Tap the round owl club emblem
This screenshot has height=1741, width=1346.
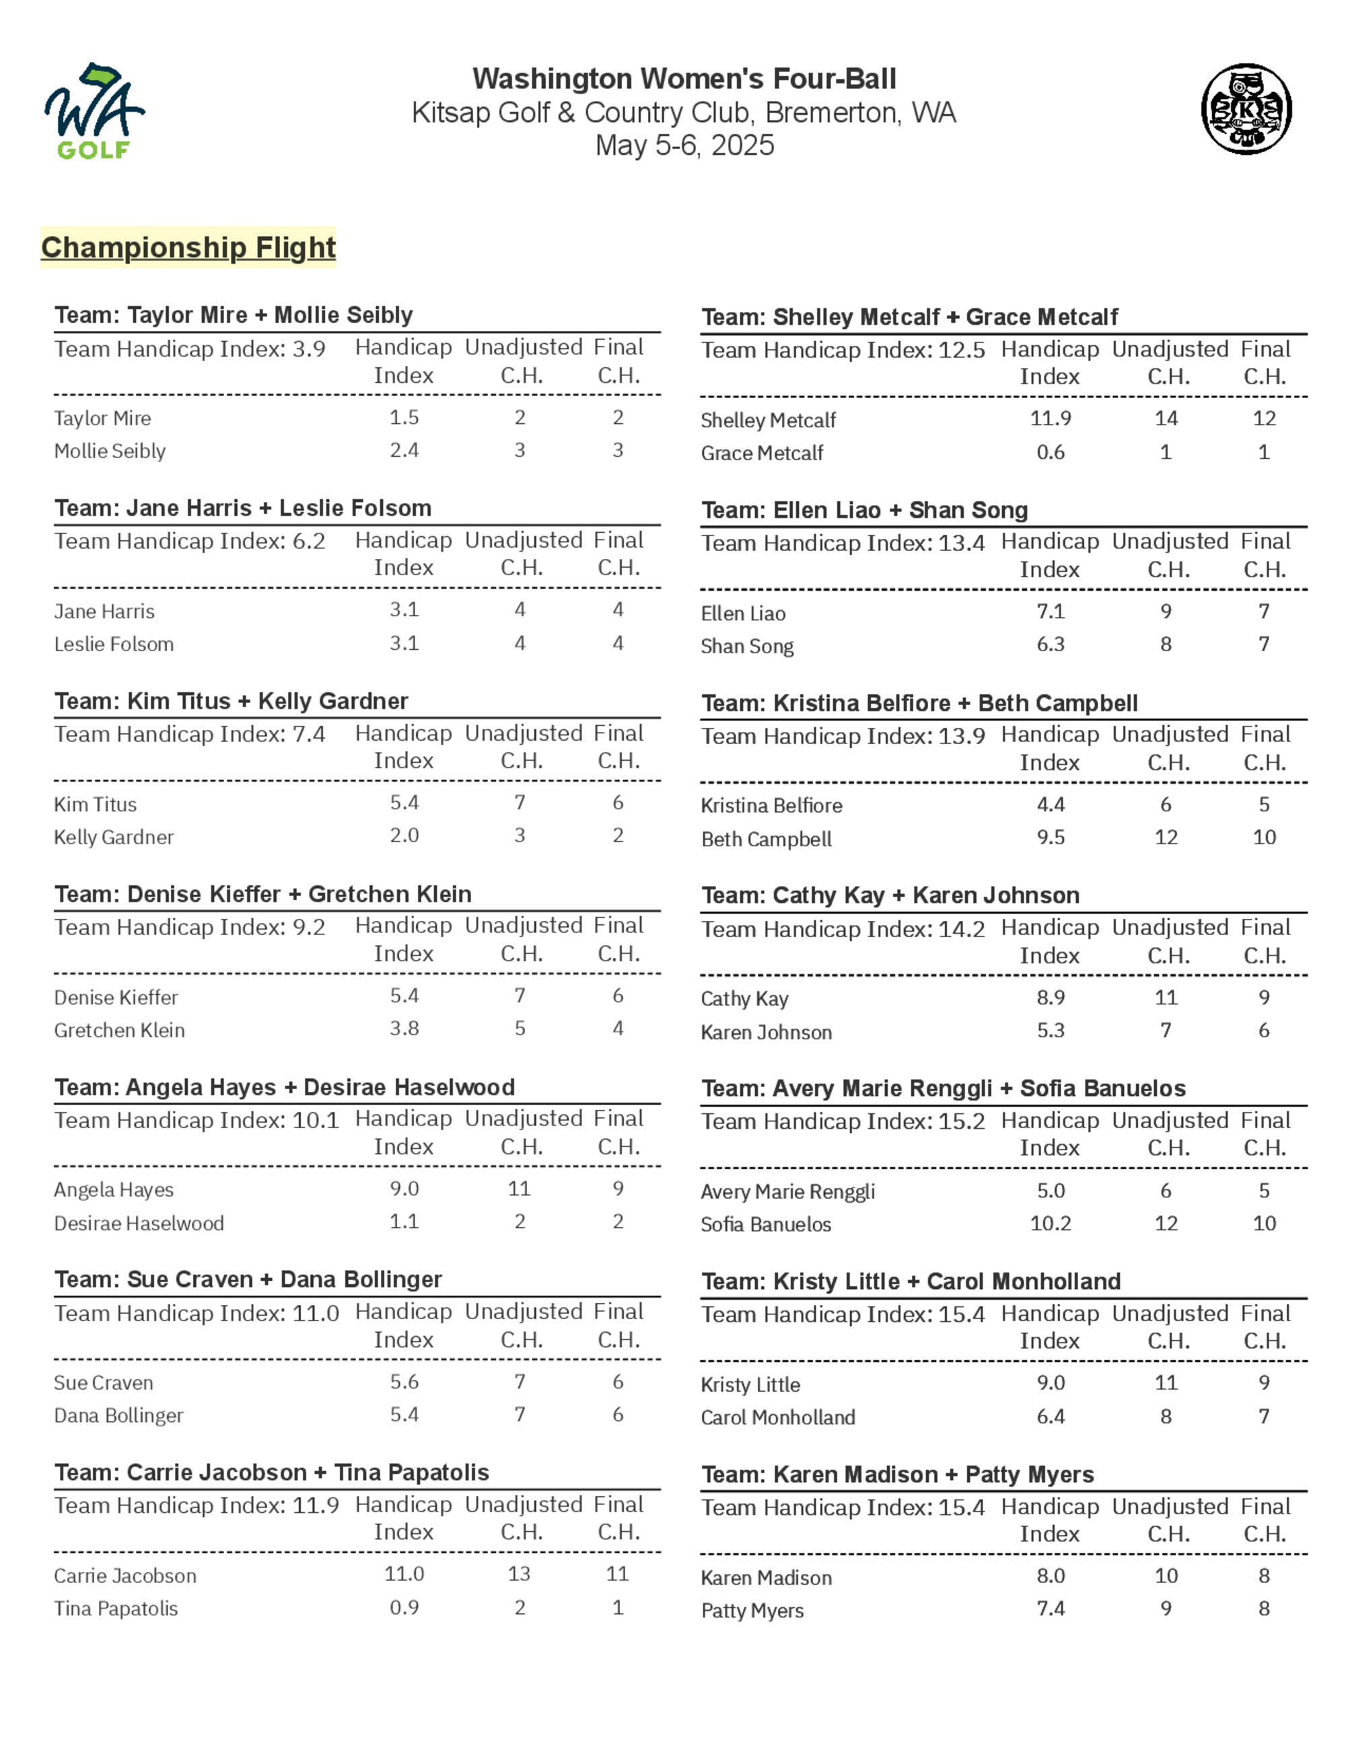1246,109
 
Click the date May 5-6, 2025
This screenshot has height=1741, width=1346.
684,145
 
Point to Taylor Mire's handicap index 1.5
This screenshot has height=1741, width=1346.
404,417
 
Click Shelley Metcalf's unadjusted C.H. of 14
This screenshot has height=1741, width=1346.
1166,418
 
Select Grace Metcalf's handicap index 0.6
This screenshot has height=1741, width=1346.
1050,452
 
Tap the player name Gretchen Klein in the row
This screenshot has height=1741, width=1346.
120,1030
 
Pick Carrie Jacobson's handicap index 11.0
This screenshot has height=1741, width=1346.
404,1573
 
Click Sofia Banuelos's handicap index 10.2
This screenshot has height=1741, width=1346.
1050,1223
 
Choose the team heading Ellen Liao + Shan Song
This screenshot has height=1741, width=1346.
864,510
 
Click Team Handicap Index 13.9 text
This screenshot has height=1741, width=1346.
843,736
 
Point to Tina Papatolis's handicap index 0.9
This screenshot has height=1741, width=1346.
404,1607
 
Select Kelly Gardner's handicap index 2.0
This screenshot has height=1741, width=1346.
404,836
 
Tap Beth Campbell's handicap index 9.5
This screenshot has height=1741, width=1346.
1050,837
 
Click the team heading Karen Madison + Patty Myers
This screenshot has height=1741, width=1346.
897,1475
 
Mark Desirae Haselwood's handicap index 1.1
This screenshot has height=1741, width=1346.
404,1221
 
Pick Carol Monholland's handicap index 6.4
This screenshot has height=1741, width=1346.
1050,1417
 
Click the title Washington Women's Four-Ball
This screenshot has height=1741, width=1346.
684,79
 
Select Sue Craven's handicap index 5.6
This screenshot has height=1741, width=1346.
404,1382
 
